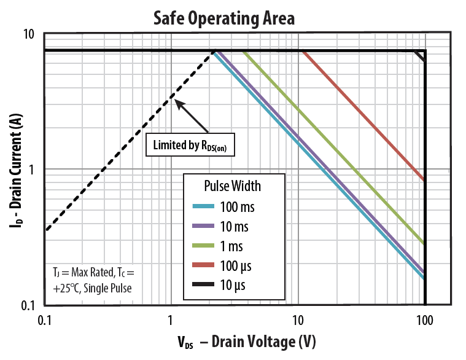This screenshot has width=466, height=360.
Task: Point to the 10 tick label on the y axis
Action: (28, 34)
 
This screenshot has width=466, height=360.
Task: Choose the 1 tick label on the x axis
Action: (171, 319)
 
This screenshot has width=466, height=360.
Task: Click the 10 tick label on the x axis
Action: (298, 319)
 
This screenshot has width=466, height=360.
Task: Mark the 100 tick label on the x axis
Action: (424, 319)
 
